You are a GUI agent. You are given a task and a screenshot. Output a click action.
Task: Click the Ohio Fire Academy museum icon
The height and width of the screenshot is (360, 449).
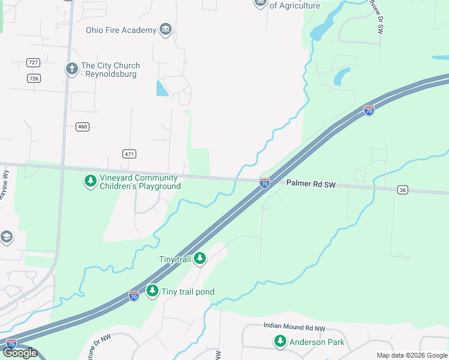(166, 30)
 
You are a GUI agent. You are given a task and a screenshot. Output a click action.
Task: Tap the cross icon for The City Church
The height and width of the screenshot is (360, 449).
(71, 68)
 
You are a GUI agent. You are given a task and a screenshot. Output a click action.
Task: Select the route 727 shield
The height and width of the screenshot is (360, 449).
(34, 62)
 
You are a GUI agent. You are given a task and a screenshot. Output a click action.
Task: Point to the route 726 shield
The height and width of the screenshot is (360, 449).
(34, 79)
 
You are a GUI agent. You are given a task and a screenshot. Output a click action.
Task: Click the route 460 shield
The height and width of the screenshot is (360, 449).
(82, 127)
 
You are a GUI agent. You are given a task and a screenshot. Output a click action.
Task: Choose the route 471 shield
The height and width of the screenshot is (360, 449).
(129, 154)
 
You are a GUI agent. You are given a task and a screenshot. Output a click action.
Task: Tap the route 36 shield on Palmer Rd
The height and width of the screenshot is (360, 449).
(402, 190)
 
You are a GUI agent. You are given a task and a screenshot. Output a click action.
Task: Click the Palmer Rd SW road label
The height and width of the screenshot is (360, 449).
(310, 184)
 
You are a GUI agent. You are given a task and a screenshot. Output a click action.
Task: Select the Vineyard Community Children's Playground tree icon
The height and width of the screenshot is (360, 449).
(90, 181)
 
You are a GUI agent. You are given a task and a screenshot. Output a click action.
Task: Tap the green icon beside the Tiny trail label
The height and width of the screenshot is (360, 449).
(200, 259)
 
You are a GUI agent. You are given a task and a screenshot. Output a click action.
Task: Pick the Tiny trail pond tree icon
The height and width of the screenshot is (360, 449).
(152, 291)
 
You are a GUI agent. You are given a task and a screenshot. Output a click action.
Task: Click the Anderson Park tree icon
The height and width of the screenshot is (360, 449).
(280, 341)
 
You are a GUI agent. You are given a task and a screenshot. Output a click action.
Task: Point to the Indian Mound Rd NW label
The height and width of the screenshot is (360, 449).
(294, 327)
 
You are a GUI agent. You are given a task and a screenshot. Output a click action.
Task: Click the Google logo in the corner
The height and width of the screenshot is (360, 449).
(20, 353)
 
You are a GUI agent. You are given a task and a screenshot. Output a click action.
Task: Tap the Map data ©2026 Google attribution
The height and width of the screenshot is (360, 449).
(411, 355)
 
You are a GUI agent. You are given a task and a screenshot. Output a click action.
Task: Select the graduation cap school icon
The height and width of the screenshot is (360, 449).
(6, 237)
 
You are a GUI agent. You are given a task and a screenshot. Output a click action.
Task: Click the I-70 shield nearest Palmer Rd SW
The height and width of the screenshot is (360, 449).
(264, 182)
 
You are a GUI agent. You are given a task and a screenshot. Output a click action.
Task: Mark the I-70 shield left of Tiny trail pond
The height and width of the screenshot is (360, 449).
(133, 296)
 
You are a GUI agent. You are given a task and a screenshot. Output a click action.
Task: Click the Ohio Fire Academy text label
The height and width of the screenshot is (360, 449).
(121, 30)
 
